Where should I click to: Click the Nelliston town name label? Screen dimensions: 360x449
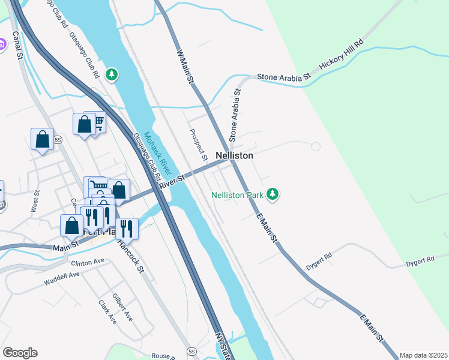(234, 155)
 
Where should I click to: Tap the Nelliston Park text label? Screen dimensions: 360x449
(237, 194)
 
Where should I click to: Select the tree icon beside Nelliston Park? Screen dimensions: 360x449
(273, 194)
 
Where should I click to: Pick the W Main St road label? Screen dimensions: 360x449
(185, 65)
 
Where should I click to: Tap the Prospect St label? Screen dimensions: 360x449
(198, 145)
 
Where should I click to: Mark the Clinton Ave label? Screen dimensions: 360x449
(88, 262)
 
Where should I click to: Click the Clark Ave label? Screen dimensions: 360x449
(107, 312)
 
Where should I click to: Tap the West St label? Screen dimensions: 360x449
(35, 202)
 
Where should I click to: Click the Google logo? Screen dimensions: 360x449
(20, 353)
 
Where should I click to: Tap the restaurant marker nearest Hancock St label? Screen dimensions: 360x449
(126, 228)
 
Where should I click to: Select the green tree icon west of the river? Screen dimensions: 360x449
(111, 74)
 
